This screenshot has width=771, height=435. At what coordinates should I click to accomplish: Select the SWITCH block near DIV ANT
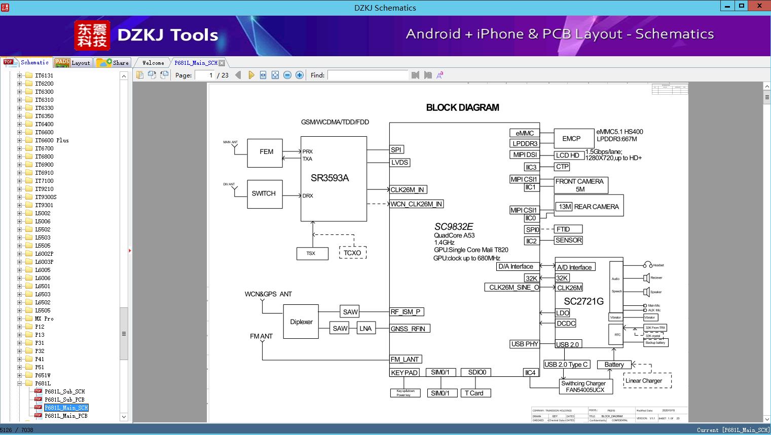tap(264, 194)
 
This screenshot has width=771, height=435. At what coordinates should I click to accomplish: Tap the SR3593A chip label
tap(330, 178)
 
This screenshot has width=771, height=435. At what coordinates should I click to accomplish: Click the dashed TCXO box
tap(352, 253)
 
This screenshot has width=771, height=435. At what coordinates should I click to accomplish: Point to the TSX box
tap(310, 253)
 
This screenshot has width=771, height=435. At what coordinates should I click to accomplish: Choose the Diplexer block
tap(301, 322)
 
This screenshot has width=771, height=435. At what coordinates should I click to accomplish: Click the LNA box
tap(365, 329)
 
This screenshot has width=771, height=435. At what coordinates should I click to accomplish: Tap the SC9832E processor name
tap(453, 227)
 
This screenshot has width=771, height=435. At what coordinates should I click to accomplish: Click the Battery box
tap(614, 365)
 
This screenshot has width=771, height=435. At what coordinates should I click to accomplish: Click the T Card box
tap(474, 393)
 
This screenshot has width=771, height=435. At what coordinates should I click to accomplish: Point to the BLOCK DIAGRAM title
tap(462, 107)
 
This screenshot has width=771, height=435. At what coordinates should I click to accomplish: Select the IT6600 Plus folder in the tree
tap(52, 140)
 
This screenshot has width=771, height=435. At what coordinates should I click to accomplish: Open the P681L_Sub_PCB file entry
tap(64, 400)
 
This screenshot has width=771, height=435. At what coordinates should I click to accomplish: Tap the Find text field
tap(368, 75)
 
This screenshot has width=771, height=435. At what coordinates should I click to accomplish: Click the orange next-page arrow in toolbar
tap(251, 75)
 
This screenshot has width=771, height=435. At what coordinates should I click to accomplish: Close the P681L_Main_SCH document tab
tap(222, 63)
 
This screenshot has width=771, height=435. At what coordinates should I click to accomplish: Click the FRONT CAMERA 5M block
tap(580, 185)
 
